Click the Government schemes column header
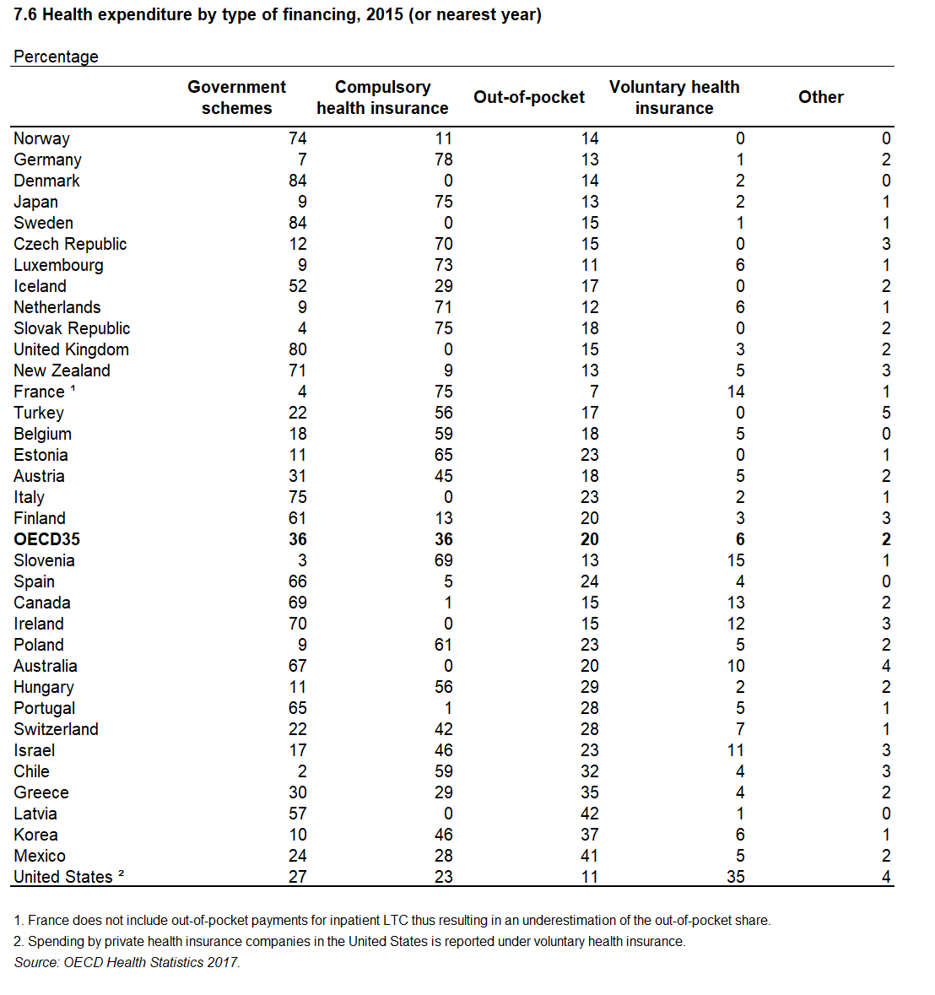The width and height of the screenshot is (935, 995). click(236, 97)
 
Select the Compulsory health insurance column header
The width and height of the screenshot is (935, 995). click(382, 97)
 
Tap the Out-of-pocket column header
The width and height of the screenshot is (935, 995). click(529, 97)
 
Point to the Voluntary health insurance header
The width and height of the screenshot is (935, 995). click(674, 97)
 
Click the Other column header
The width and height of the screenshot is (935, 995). click(821, 97)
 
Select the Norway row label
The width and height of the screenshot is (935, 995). click(42, 139)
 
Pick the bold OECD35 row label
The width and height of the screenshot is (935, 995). click(47, 539)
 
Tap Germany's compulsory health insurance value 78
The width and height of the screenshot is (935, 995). click(443, 160)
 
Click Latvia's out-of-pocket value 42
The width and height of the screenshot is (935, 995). click(589, 814)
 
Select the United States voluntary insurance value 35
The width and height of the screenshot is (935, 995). click(736, 877)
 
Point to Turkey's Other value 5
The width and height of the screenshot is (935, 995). click(886, 413)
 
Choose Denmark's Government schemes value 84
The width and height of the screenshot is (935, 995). click(298, 181)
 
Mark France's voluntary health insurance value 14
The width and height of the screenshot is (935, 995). click(736, 392)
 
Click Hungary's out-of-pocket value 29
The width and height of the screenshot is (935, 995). click(589, 687)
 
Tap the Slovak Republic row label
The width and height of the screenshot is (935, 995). click(72, 328)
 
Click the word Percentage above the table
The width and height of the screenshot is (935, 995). click(56, 57)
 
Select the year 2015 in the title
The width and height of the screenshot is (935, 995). click(385, 14)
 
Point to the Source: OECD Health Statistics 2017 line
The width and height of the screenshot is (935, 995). click(127, 963)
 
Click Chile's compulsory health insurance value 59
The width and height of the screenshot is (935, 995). click(443, 771)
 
